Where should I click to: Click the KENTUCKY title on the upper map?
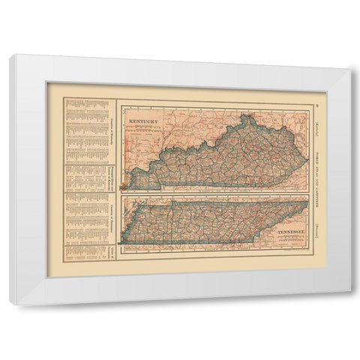[x=144, y=119]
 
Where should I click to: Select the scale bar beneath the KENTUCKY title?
[x=144, y=127]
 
